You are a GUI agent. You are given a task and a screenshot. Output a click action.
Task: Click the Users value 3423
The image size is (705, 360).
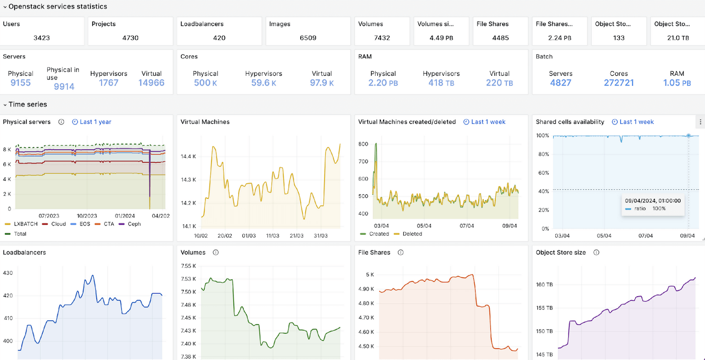[42, 38]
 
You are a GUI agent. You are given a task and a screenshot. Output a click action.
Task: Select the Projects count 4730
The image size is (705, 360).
[130, 38]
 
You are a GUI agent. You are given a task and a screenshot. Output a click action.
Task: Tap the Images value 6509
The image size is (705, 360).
[308, 38]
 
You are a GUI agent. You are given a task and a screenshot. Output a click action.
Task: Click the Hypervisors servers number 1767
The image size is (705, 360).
[109, 83]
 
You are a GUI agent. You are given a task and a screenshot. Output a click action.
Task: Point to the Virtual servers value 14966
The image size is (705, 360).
[151, 83]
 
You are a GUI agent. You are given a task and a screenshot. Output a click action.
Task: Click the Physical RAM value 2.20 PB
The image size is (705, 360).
[383, 83]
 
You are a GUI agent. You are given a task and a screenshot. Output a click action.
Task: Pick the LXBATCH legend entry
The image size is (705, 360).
[20, 224]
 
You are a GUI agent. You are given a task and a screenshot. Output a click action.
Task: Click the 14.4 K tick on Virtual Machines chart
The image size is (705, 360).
[189, 157]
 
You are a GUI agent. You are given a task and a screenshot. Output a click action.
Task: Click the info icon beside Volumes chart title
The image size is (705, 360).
[216, 252]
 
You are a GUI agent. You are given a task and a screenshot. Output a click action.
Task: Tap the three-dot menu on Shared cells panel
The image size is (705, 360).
[700, 122]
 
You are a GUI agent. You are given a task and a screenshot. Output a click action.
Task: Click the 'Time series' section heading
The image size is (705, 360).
[28, 104]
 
